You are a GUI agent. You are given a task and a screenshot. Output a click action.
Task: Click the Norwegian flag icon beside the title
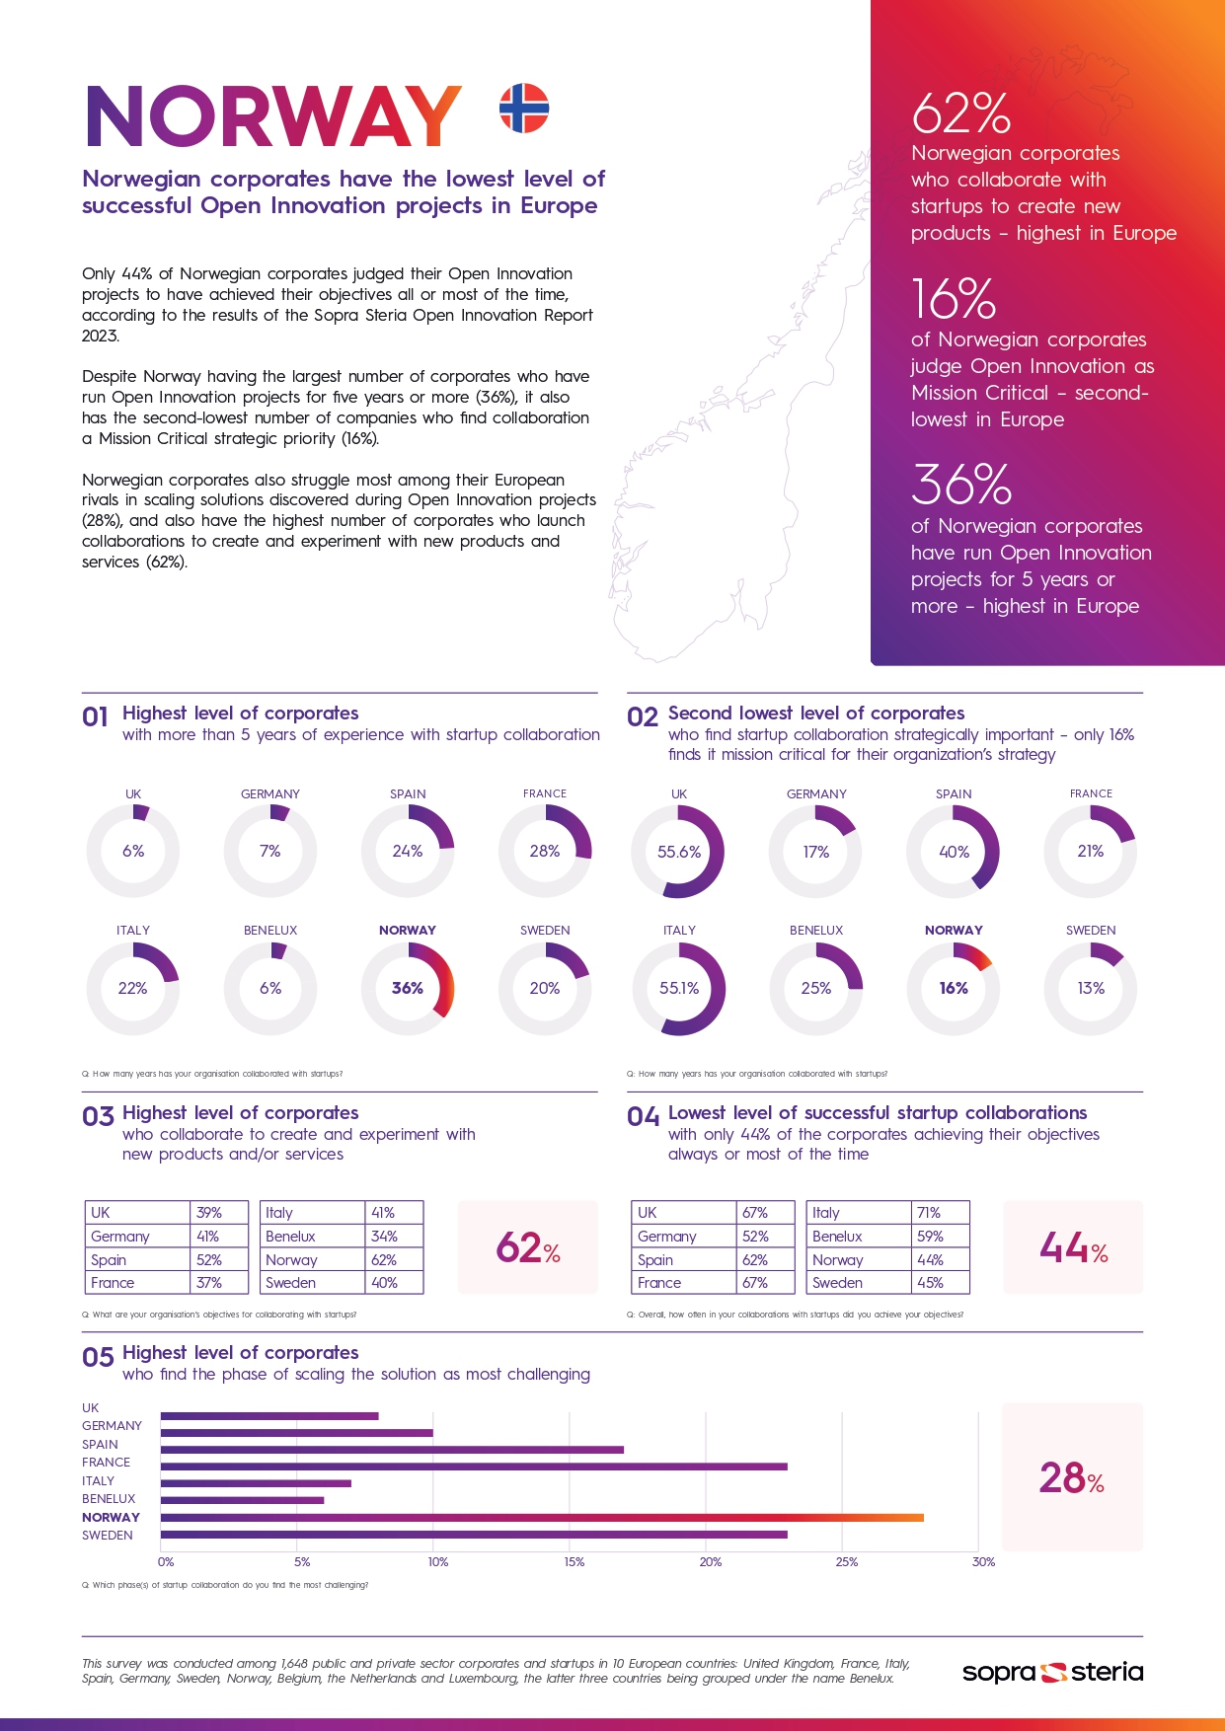523,109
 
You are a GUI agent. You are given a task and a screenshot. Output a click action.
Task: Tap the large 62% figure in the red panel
960,113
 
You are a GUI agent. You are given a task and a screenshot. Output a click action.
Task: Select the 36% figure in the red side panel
960,485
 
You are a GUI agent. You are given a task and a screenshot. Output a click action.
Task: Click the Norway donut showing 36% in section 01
408,988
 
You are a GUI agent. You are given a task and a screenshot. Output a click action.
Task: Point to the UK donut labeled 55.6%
678,852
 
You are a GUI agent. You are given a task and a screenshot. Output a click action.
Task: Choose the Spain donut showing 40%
954,852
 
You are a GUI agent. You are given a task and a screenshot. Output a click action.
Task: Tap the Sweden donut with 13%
1091,988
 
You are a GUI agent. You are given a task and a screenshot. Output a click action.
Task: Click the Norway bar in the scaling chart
542,1517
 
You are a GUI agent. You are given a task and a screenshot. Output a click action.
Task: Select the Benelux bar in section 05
242,1500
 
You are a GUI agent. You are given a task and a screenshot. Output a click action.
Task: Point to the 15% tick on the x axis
574,1562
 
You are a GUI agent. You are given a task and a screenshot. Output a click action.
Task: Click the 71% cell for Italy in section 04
929,1213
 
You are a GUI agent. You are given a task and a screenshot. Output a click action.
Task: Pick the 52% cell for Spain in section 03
208,1260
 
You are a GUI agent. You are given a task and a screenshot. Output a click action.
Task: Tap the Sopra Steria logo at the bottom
1052,1672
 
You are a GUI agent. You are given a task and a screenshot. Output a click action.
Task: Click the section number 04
643,1117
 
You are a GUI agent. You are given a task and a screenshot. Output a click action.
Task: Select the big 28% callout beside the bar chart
1071,1478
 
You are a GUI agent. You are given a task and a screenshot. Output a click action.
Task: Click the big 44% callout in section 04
1073,1248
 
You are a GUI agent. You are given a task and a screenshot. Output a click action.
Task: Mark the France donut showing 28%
545,852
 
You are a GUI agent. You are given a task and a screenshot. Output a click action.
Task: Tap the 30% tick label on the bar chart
983,1562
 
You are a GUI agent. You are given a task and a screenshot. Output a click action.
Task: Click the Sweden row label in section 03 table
290,1283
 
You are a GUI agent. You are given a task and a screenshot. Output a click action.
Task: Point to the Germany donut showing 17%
816,852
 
